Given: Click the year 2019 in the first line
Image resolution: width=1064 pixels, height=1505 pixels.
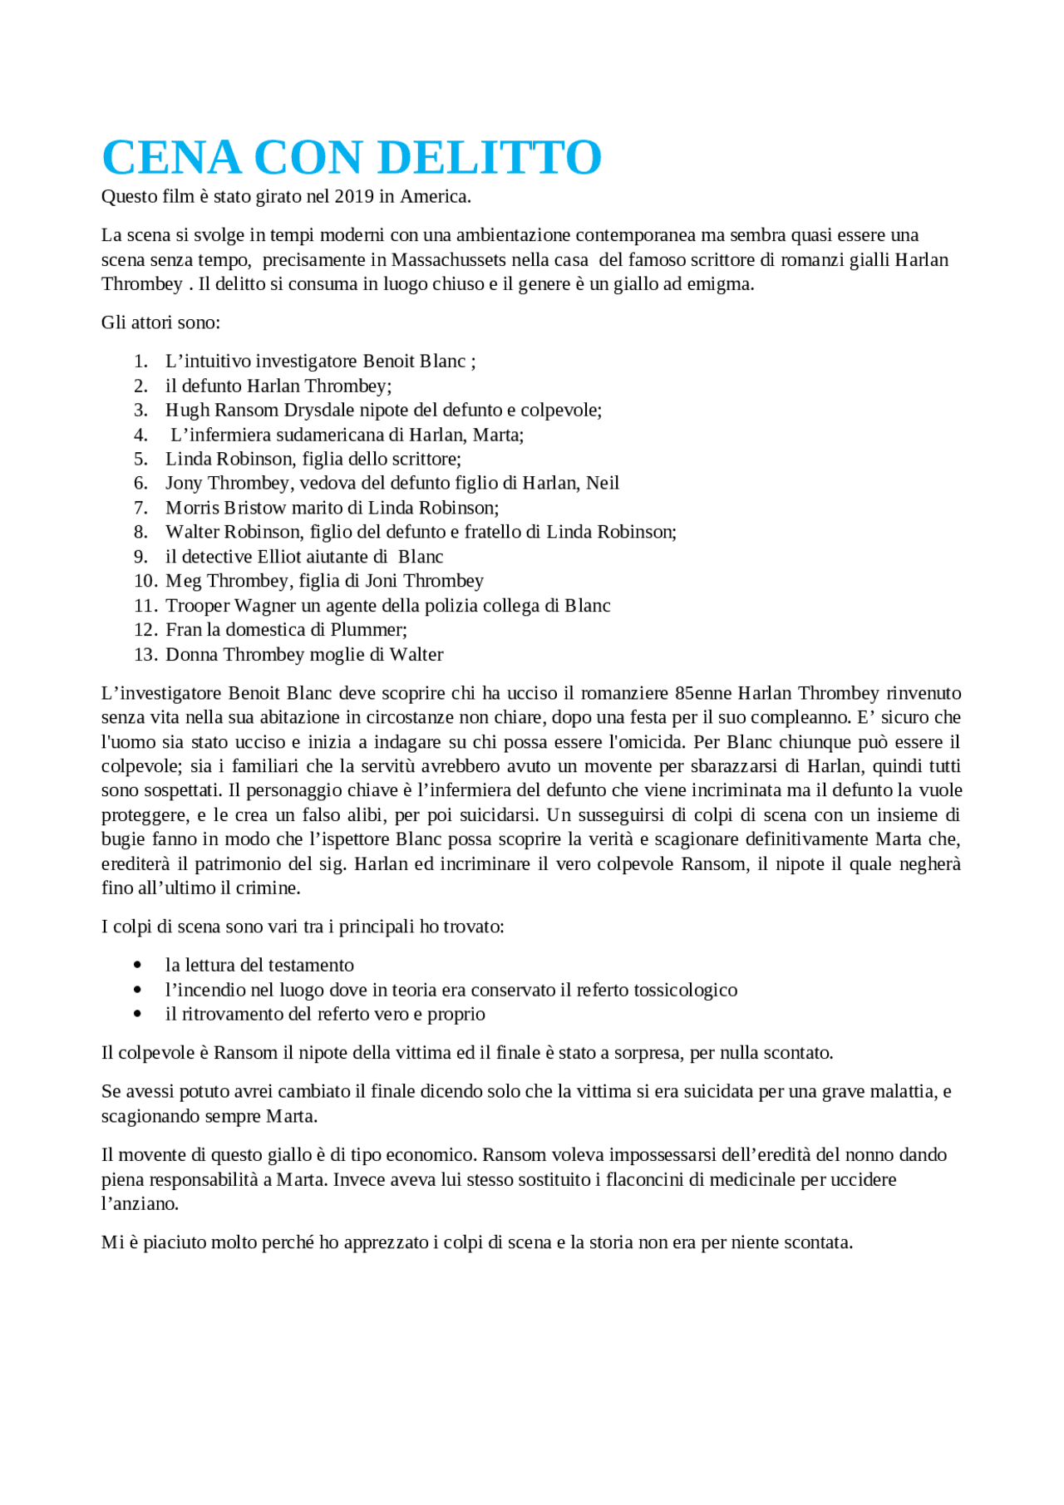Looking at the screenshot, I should point(354,197).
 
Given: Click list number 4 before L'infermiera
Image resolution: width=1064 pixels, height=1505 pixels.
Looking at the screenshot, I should point(141,435).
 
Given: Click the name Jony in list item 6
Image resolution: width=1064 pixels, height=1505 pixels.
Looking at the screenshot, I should point(184,484).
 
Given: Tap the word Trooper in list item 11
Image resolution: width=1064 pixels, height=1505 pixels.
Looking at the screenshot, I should point(197,606).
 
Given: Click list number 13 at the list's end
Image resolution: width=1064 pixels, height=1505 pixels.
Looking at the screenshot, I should point(145,655).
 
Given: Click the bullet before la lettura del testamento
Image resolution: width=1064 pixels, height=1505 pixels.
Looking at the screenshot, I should point(138,966).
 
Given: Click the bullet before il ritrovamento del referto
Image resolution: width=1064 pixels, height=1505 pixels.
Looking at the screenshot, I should point(138,1015).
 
